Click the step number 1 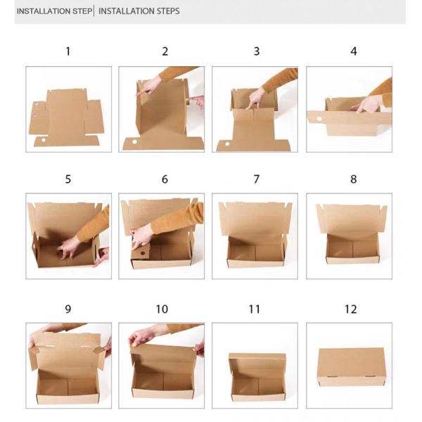(68, 51)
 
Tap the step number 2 (165, 51)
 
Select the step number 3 (257, 51)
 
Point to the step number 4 (354, 51)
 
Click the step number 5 (68, 179)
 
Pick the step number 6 (165, 179)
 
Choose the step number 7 (257, 179)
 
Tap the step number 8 (354, 179)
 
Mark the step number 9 (68, 309)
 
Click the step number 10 (162, 309)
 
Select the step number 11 (255, 309)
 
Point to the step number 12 (351, 309)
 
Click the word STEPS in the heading (165, 11)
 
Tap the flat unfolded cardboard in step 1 (68, 117)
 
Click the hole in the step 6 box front (141, 252)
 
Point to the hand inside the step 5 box (68, 246)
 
